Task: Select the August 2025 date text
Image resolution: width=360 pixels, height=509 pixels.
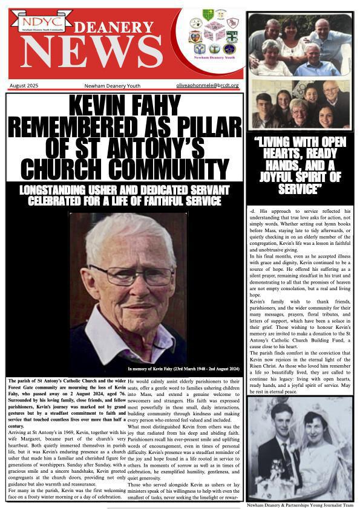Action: click(24, 86)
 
